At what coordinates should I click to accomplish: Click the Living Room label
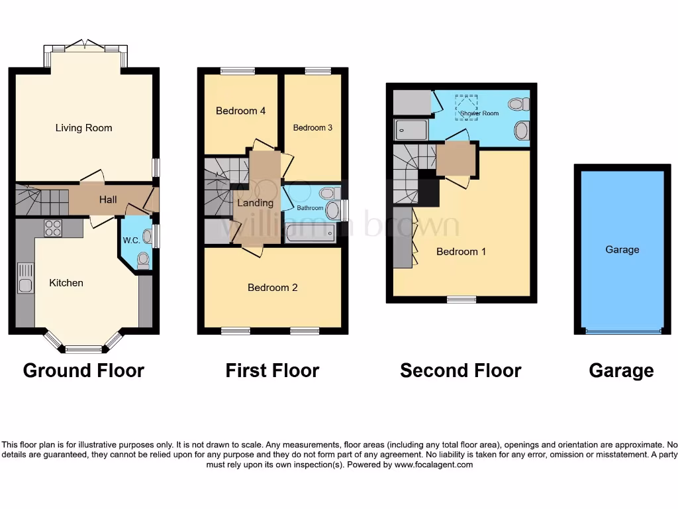click(x=83, y=128)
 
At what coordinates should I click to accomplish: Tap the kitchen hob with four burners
click(x=52, y=228)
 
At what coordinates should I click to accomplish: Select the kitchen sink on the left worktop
click(x=25, y=278)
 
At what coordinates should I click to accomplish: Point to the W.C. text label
click(x=131, y=240)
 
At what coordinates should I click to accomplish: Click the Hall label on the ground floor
click(x=108, y=199)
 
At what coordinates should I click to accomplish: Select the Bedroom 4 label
click(x=240, y=111)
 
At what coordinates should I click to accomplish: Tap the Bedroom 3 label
click(x=313, y=127)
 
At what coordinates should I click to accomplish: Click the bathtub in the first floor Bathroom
click(x=310, y=233)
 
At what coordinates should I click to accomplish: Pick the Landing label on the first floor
click(x=255, y=203)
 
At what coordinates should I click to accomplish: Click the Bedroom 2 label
click(x=272, y=287)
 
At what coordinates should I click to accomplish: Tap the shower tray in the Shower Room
click(x=412, y=130)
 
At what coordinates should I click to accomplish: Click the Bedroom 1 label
click(x=461, y=251)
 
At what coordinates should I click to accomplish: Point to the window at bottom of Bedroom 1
click(x=461, y=300)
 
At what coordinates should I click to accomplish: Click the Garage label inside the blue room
click(x=622, y=249)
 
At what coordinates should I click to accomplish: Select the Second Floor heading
click(x=460, y=370)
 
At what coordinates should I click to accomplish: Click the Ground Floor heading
click(x=83, y=370)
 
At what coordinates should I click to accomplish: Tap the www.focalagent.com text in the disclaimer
click(x=433, y=465)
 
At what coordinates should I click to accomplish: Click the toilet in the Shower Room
click(x=518, y=104)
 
